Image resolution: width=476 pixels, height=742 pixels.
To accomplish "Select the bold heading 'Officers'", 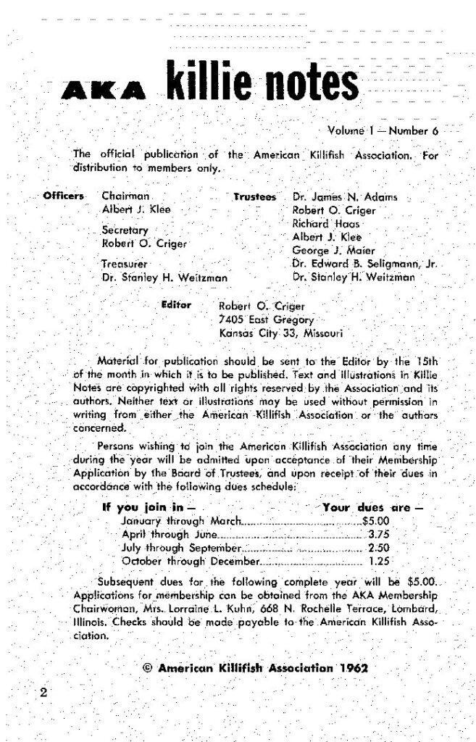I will coord(64,196).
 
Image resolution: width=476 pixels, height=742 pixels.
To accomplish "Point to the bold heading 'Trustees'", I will coord(255,196).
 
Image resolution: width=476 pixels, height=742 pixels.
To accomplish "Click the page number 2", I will coord(43,692).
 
